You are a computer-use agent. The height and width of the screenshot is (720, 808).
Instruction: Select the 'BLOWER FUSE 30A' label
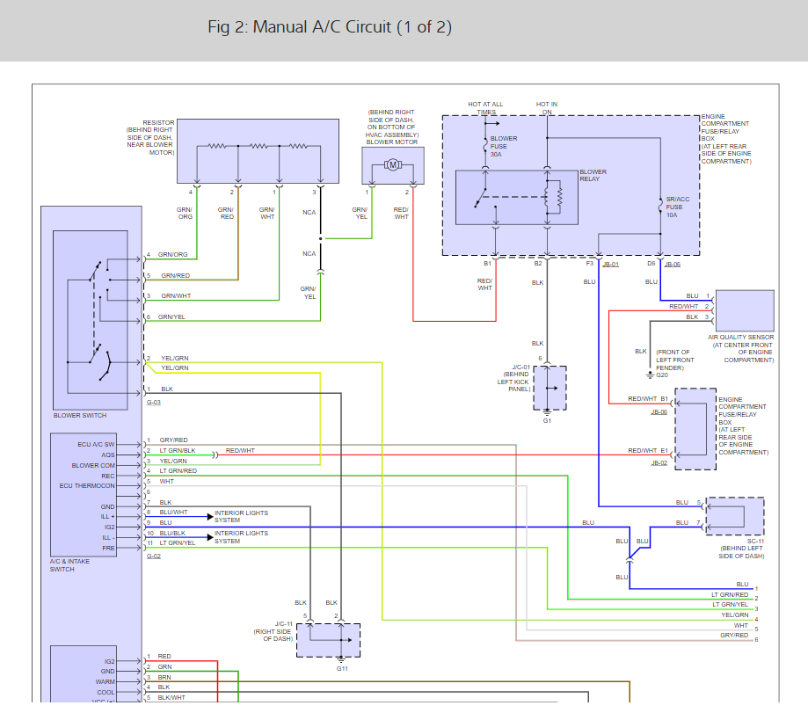click(504, 146)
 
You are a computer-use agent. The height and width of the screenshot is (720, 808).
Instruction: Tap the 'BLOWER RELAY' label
click(593, 176)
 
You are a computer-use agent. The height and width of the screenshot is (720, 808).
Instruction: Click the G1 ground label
click(547, 420)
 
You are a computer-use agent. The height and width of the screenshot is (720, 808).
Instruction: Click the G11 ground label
click(342, 668)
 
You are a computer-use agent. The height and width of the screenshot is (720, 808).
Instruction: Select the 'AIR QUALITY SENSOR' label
click(740, 337)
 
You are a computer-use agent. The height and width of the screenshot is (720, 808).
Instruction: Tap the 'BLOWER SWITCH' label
click(80, 415)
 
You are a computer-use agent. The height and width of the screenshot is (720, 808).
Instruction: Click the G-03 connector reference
click(154, 402)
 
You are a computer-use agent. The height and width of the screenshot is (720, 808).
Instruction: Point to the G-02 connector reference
click(154, 556)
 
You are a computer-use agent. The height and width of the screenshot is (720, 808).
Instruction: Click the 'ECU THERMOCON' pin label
click(87, 486)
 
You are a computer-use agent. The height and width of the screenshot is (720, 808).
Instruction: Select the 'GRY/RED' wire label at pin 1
click(173, 440)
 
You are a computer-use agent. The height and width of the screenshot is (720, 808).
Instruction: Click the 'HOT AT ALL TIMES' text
click(486, 108)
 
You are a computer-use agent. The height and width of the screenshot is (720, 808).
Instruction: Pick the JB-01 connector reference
click(610, 264)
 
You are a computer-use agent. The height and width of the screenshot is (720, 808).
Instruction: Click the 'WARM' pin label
click(106, 681)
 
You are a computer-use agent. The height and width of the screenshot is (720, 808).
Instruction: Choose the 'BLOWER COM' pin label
click(93, 465)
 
